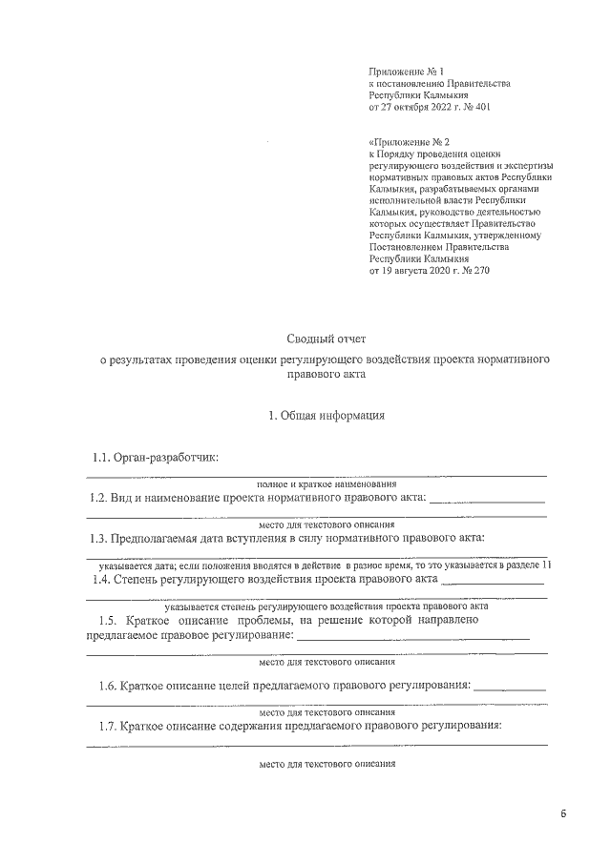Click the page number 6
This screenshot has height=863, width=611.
coord(563,813)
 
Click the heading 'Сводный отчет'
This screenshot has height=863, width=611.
coord(327,339)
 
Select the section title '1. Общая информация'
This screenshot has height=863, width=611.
coord(327,415)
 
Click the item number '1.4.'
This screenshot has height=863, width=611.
coord(103,578)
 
